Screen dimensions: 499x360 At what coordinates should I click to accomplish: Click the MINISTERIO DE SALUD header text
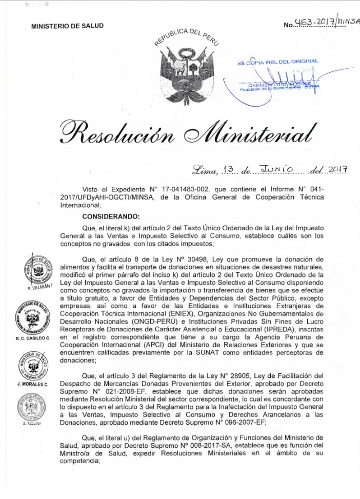coord(67,25)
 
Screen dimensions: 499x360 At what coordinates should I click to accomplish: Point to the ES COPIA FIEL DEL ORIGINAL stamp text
coord(277,62)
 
